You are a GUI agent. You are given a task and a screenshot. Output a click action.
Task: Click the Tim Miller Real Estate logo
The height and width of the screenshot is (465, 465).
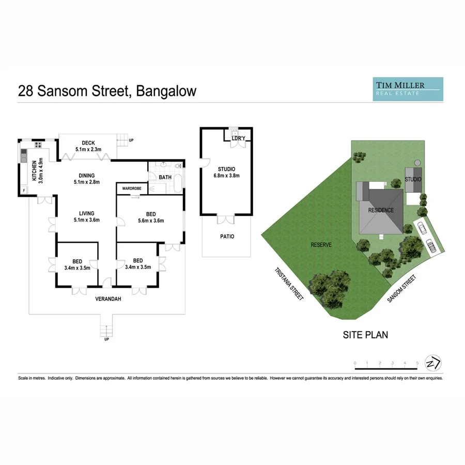tap(408, 88)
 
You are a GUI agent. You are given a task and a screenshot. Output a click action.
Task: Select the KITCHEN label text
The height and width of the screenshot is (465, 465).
tap(34, 170)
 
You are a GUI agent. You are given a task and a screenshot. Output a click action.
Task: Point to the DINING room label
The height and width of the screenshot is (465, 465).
tap(87, 176)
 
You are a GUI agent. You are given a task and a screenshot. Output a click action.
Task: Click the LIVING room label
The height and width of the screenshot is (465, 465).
tap(86, 213)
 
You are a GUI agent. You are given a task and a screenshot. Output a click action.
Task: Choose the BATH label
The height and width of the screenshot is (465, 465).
tap(165, 177)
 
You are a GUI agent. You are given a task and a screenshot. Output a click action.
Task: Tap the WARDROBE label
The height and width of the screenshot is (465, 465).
tap(132, 189)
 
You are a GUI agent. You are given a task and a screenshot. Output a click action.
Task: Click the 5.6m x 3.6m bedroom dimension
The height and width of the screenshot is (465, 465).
tap(151, 221)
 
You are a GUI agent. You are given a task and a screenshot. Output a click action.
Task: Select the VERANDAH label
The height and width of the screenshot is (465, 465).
tap(108, 299)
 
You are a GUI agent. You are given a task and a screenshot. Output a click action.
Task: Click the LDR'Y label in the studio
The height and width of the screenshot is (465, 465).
tap(238, 138)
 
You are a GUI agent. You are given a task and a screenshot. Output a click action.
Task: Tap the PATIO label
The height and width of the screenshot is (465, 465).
tap(227, 237)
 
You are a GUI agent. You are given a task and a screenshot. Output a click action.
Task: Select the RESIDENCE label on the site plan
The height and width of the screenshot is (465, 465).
tap(381, 210)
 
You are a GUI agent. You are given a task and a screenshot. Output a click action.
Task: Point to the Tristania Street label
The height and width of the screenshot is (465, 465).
tap(289, 284)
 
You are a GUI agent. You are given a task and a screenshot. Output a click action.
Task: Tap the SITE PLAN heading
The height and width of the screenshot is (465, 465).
tap(365, 335)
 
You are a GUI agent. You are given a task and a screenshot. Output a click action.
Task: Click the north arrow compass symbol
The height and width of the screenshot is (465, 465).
tap(432, 363)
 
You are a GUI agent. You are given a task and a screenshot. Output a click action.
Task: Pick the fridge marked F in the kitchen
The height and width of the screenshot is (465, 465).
tap(23, 190)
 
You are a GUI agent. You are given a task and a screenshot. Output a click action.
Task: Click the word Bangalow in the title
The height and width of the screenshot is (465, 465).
tap(167, 91)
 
